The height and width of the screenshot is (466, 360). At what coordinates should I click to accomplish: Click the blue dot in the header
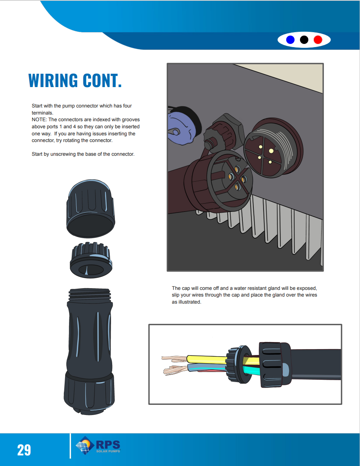[x=291, y=40]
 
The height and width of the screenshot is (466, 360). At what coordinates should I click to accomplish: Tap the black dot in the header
[x=304, y=40]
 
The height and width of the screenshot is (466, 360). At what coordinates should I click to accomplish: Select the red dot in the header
[x=318, y=40]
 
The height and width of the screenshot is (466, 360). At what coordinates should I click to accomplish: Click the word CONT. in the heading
[x=102, y=80]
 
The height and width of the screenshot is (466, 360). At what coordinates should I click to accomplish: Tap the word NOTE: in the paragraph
[x=39, y=119]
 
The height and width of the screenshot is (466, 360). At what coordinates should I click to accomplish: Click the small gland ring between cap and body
[x=91, y=260]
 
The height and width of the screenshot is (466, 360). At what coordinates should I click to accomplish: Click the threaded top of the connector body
[x=91, y=294]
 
